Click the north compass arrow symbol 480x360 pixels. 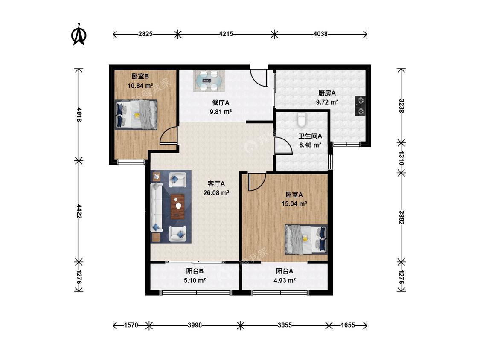79,35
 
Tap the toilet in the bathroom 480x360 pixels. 302,120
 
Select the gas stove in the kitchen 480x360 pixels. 360,106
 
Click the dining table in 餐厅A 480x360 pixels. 209,81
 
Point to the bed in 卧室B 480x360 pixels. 136,114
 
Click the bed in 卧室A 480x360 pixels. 306,239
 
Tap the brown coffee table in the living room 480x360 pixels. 178,206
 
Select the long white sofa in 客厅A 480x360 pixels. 156,207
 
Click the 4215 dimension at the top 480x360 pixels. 226,34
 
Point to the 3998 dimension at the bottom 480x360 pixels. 195,325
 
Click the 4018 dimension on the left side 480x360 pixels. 79,114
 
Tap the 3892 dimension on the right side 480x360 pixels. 401,217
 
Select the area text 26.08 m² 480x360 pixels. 216,193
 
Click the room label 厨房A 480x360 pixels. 327,93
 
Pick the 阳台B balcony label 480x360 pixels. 195,271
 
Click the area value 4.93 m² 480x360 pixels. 285,280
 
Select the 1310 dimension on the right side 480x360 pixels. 401,158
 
